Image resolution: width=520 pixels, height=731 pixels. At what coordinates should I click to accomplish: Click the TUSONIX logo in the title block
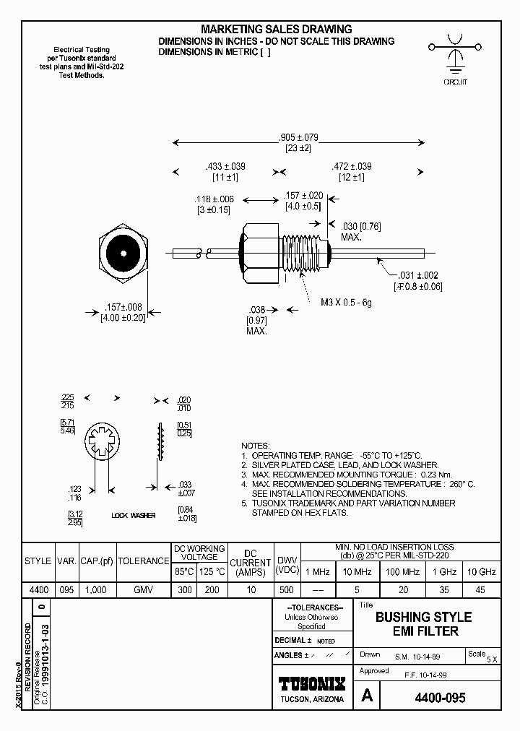[x=312, y=683]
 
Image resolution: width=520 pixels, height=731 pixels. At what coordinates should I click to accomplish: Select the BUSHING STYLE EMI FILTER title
[x=423, y=624]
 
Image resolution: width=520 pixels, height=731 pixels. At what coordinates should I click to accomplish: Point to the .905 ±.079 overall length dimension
[x=298, y=137]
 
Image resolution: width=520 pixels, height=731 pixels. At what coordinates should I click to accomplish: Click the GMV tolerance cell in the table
[x=144, y=590]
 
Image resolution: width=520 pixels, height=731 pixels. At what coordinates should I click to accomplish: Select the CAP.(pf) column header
[x=96, y=561]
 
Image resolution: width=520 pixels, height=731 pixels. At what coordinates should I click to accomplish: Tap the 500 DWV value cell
[x=287, y=590]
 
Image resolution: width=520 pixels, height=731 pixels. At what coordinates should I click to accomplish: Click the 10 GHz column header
[x=481, y=571]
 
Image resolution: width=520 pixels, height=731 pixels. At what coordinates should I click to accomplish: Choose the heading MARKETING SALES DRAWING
[x=277, y=30]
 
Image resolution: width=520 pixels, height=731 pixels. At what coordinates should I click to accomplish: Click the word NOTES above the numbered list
[x=256, y=446]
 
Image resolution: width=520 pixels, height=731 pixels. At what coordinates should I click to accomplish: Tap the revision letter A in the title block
[x=366, y=696]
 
